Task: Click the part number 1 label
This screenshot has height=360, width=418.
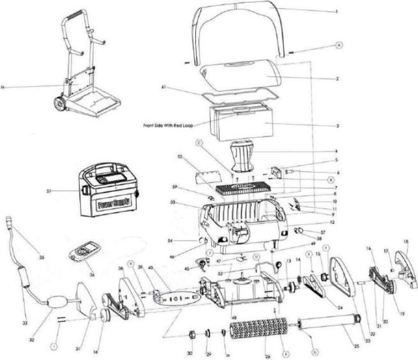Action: (x=337, y=12)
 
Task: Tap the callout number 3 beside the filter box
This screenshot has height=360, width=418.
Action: (x=338, y=126)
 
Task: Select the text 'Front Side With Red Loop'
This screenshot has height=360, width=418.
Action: (x=168, y=125)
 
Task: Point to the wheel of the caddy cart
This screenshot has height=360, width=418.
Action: (x=60, y=104)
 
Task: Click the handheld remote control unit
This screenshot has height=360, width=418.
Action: (x=85, y=250)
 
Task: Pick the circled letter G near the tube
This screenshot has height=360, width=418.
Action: (x=315, y=351)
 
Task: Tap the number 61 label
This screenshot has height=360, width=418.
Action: (x=164, y=87)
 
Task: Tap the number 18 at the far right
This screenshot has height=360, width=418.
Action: (x=406, y=242)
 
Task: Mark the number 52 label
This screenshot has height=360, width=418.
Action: (x=180, y=156)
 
